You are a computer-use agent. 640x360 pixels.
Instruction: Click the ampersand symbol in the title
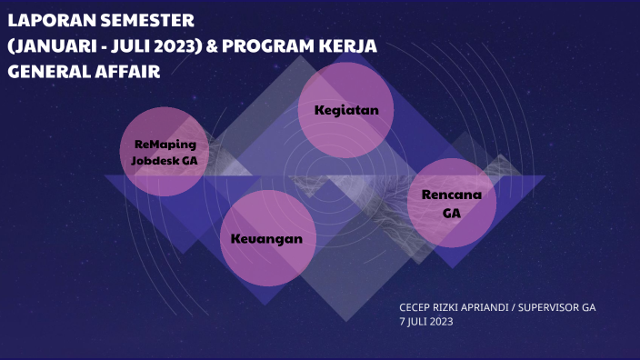pos(211,45)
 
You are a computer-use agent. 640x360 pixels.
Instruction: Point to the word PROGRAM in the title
pos(264,45)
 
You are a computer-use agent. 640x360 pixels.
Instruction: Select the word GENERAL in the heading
pos(45,71)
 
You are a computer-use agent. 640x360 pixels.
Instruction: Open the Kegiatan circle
pos(345,110)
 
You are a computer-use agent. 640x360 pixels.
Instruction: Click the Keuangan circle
pos(267,239)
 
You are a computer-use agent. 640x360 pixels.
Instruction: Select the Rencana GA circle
pos(452,204)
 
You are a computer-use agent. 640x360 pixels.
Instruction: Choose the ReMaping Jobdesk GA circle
pos(165,152)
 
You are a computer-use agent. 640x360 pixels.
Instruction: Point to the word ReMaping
pos(165,144)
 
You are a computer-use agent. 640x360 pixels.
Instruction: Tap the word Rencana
pos(452,195)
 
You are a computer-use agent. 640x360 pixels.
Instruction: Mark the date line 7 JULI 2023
pos(425,321)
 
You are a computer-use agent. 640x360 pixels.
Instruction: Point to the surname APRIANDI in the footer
pos(489,307)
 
